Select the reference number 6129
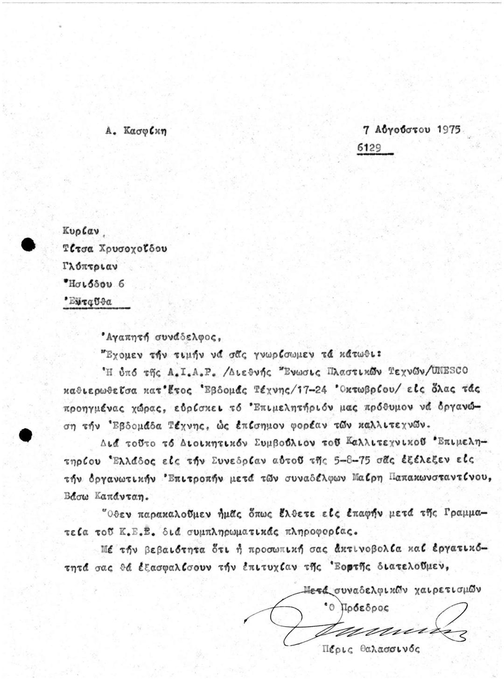[x=369, y=148]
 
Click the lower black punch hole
[x=25, y=434]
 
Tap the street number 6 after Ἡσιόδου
[x=121, y=284]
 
